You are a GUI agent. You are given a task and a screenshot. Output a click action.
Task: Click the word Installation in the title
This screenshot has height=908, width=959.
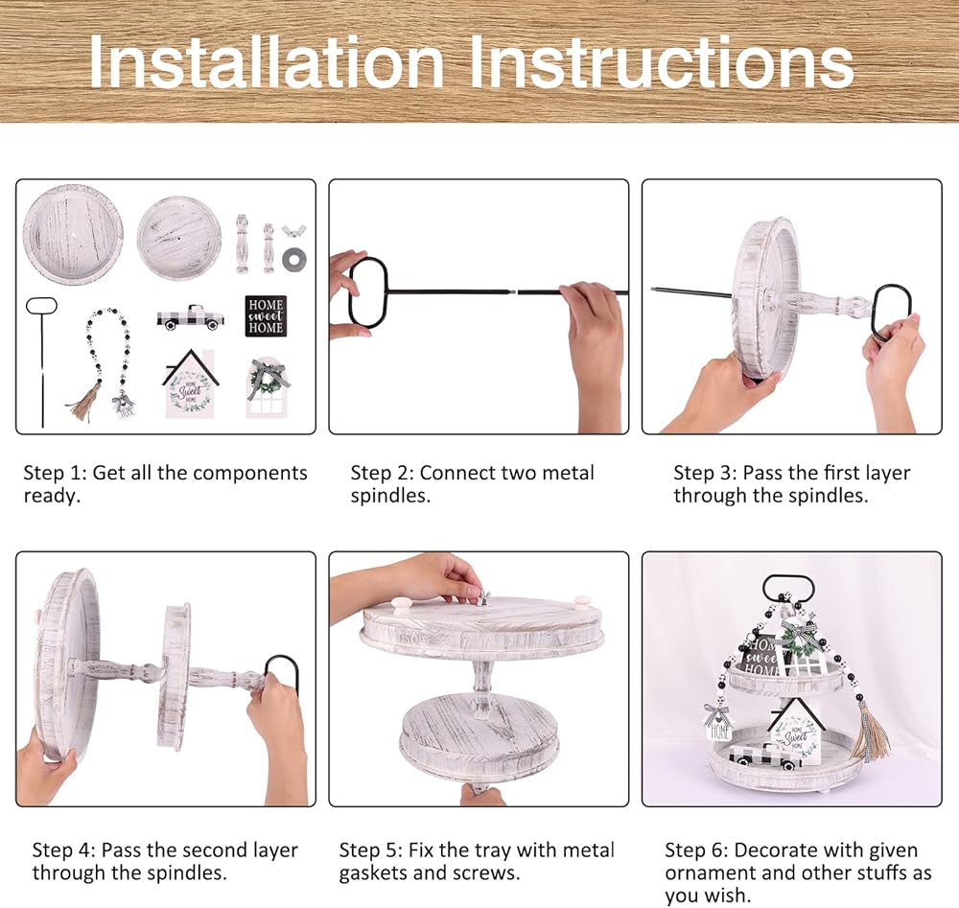tap(267, 61)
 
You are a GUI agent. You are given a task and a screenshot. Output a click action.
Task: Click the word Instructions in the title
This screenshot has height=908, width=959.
tap(662, 61)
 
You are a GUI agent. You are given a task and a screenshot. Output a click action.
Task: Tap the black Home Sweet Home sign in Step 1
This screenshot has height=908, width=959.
tap(266, 315)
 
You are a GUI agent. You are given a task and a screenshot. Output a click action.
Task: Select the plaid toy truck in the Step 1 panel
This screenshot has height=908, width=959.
tap(190, 316)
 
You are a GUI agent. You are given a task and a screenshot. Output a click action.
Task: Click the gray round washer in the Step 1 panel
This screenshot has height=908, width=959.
tap(294, 259)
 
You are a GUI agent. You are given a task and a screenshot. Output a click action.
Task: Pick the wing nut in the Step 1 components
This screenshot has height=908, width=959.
tap(293, 232)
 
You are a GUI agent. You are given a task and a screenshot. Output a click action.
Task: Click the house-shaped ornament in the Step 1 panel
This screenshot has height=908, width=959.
tap(190, 384)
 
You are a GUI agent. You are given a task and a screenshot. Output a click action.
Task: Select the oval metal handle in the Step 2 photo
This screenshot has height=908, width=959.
tap(368, 291)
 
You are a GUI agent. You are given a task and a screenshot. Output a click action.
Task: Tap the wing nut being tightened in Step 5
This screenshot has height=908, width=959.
tap(486, 597)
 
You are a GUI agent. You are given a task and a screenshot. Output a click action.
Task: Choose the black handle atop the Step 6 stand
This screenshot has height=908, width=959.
tap(788, 590)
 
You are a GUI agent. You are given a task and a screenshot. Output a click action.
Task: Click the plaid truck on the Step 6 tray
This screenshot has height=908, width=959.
tap(766, 757)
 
